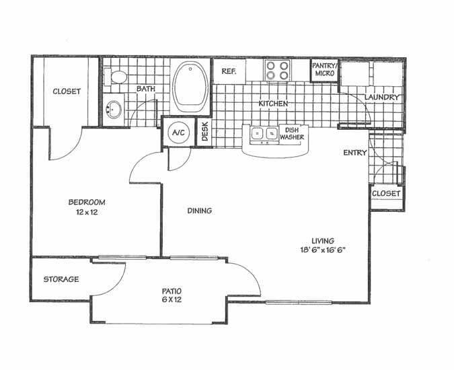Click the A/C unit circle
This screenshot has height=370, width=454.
pyautogui.click(x=178, y=133)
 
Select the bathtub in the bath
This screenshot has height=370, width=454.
pyautogui.click(x=191, y=88)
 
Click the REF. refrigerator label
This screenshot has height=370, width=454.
pyautogui.click(x=228, y=71)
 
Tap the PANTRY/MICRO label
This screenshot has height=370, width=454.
pyautogui.click(x=323, y=69)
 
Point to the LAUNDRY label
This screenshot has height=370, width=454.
pyautogui.click(x=382, y=98)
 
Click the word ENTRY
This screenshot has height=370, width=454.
pyautogui.click(x=355, y=153)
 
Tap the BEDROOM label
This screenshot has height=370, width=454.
pyautogui.click(x=87, y=202)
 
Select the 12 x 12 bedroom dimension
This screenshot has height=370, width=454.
pyautogui.click(x=87, y=213)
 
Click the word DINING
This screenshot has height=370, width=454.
pyautogui.click(x=200, y=211)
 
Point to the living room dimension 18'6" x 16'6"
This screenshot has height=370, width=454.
pyautogui.click(x=324, y=249)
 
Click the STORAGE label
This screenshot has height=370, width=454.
pyautogui.click(x=61, y=279)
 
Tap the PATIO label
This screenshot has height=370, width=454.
pyautogui.click(x=172, y=291)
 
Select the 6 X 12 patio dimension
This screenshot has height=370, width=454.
pyautogui.click(x=172, y=300)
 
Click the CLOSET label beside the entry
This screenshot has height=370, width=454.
pyautogui.click(x=386, y=194)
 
